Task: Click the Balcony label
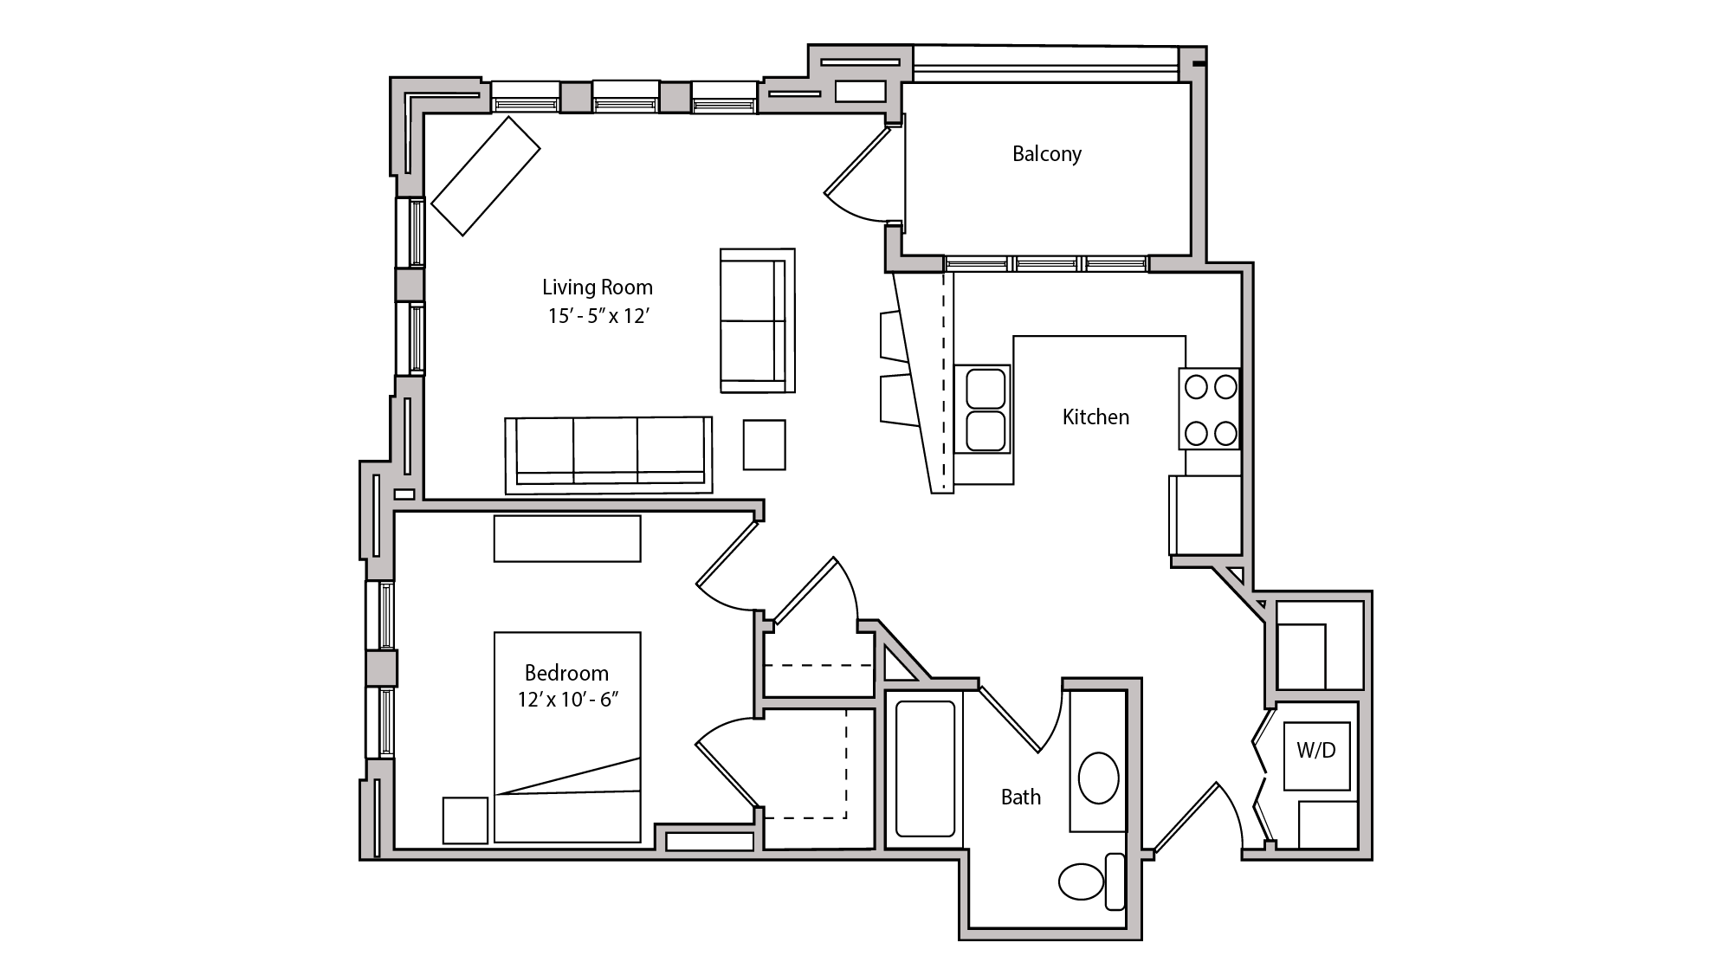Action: tap(1046, 154)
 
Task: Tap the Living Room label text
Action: tap(597, 287)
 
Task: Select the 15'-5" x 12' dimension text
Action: tap(598, 317)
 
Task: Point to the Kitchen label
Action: tap(1095, 417)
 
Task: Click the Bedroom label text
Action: tap(566, 673)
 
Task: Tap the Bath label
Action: tap(1021, 797)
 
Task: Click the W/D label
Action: tap(1315, 751)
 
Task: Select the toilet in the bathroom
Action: tap(1082, 881)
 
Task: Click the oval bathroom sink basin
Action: tap(1099, 778)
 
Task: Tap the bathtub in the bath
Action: tap(925, 768)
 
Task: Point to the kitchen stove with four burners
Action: tap(1210, 409)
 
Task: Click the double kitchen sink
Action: tap(985, 410)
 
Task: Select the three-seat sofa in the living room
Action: tap(609, 454)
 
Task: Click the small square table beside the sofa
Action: tap(764, 445)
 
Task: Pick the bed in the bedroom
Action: tap(567, 737)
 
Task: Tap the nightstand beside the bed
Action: tap(465, 819)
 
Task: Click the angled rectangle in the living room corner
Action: tap(486, 176)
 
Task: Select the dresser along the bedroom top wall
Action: tap(567, 539)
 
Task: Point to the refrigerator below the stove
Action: tap(1205, 514)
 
